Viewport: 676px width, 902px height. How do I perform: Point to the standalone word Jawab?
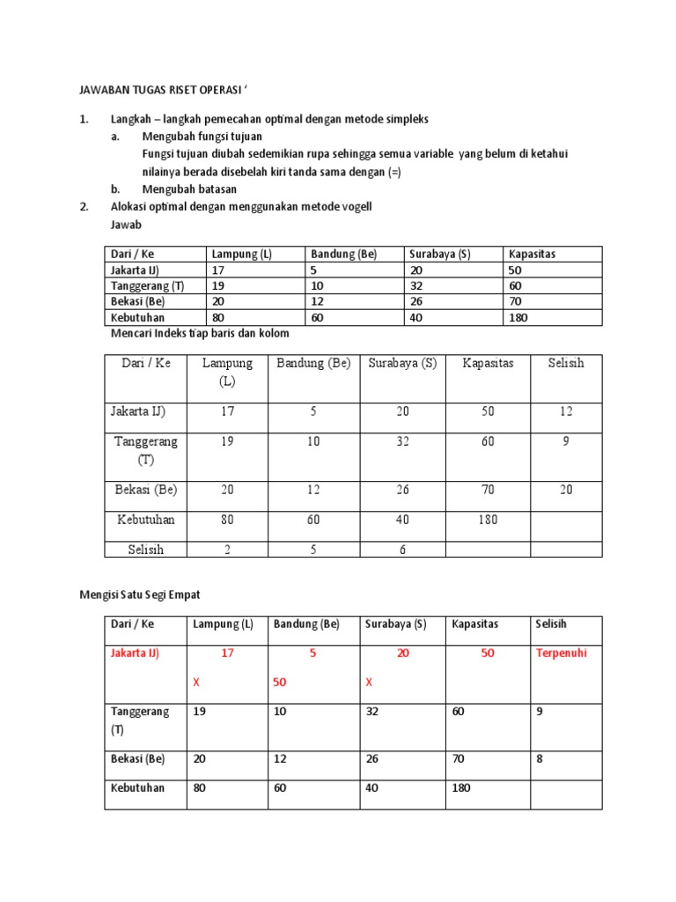[x=126, y=225]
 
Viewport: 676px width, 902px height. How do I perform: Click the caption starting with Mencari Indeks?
[x=200, y=334]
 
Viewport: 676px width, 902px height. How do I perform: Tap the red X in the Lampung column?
[x=196, y=683]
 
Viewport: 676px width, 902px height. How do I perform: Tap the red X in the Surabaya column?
[x=369, y=683]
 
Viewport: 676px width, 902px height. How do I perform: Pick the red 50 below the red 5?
[x=281, y=683]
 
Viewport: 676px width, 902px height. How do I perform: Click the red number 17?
[x=227, y=654]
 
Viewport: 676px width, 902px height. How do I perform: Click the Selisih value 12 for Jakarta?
[x=565, y=411]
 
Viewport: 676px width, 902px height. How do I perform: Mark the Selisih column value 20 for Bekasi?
[x=565, y=490]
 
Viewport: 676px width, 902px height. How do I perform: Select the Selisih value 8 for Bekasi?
[x=540, y=758]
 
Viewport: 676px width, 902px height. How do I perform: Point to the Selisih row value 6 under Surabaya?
[x=402, y=550]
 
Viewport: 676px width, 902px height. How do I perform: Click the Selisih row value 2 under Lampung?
[x=227, y=550]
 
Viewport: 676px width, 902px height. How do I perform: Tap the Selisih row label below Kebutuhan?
[x=145, y=550]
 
